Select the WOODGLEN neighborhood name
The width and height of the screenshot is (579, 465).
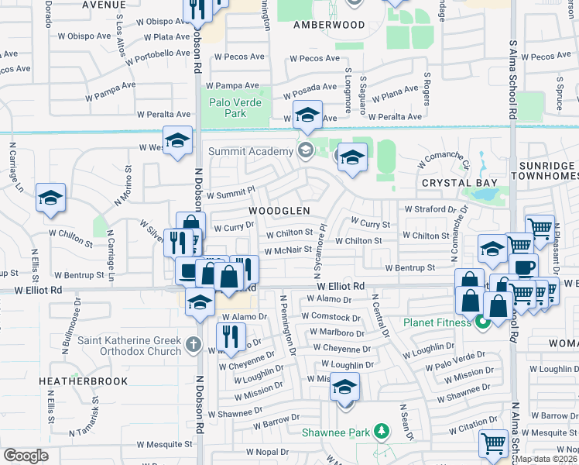coord(279,211)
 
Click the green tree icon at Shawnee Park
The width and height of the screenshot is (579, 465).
coord(379,430)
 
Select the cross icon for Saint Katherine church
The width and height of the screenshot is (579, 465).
coord(194,343)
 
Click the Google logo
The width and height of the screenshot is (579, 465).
coord(26,456)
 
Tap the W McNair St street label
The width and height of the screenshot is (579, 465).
coord(287,250)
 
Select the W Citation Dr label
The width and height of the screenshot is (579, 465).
coord(475,426)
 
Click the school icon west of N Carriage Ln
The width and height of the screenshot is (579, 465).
coord(50,198)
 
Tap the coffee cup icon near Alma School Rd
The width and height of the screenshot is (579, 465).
coord(524,267)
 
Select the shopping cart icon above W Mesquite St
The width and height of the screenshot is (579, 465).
coord(493,443)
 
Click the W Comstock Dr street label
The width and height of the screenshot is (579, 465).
coord(331,317)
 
